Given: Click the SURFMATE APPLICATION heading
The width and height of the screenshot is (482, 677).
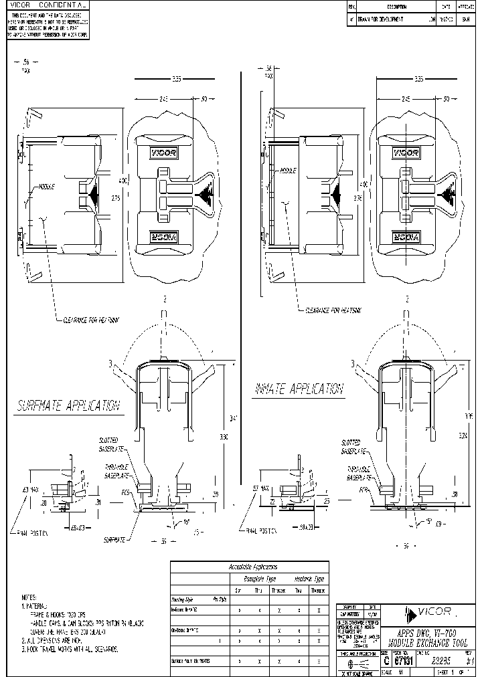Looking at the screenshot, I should [68, 405].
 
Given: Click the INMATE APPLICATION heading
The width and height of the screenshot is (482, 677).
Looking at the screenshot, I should [299, 389].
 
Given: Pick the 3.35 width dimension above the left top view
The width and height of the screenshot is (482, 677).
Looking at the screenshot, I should [177, 79].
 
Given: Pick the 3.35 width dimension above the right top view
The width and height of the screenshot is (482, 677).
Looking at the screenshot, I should [419, 79].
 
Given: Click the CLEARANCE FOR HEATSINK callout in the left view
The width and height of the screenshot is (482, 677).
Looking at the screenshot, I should [93, 320].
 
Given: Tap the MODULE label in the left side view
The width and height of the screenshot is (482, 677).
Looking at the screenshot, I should [47, 187].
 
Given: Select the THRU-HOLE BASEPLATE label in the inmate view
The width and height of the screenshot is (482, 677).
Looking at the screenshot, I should [359, 474].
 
